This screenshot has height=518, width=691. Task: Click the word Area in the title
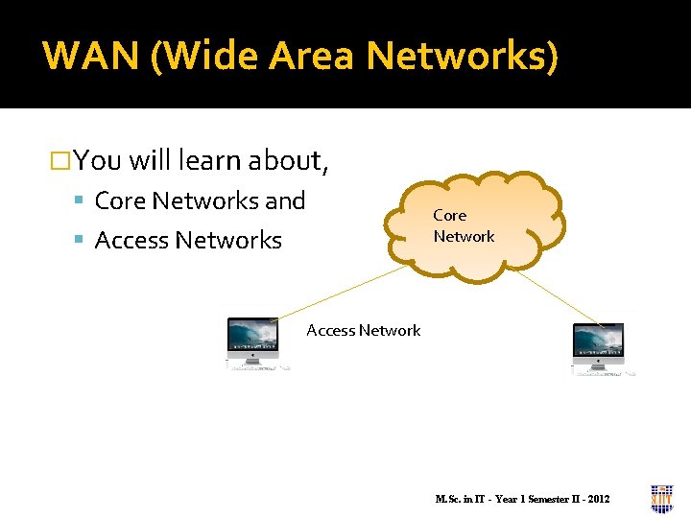click(311, 56)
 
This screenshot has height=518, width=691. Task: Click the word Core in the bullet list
click(120, 200)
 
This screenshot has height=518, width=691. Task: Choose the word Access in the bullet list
click(132, 240)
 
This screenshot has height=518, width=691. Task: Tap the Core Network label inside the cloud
click(463, 226)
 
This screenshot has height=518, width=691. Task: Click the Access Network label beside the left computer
click(364, 330)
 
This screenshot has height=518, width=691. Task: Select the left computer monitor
click(253, 339)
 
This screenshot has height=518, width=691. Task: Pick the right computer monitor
click(598, 342)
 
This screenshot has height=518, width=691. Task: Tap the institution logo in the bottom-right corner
click(661, 498)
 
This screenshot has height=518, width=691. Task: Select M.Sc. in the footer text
click(448, 499)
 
